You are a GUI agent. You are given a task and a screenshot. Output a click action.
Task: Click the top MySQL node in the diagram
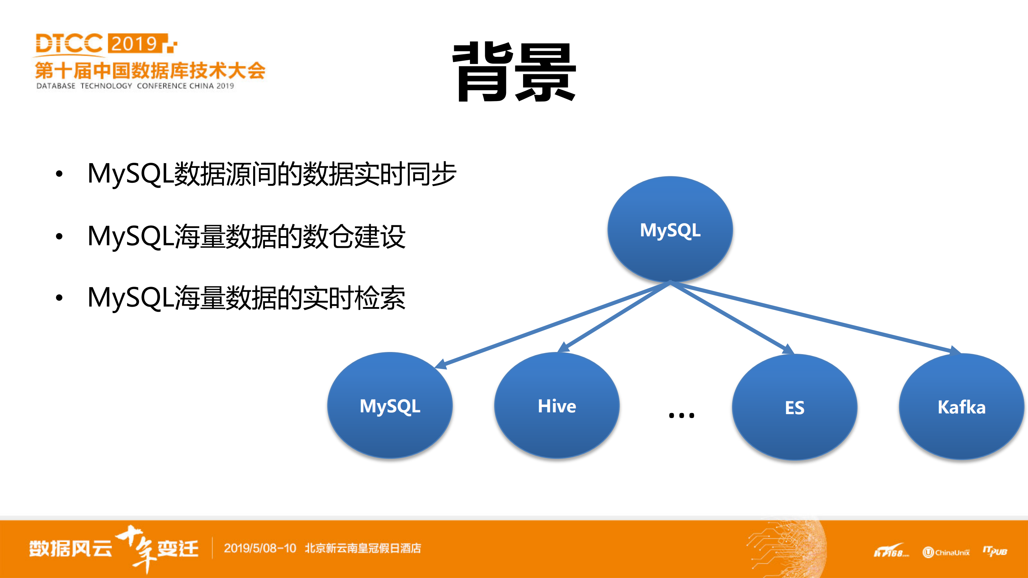pos(670,229)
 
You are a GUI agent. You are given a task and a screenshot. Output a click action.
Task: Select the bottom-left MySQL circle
pos(390,405)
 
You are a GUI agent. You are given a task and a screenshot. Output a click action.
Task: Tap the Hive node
pos(557,405)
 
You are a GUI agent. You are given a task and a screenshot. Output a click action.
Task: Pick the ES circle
pos(794,407)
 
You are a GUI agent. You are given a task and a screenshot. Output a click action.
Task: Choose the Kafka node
pos(961,407)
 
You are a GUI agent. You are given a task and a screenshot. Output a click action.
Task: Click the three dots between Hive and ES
pos(681,415)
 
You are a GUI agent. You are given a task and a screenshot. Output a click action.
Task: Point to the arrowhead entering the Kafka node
pos(955,350)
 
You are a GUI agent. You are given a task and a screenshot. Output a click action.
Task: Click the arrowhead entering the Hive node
pos(563,347)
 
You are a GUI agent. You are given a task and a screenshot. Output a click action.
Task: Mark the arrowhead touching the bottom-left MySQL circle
pos(440,364)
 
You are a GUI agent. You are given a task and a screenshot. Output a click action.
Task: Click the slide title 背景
pos(514,72)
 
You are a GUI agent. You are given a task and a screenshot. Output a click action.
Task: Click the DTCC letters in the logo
pos(69,43)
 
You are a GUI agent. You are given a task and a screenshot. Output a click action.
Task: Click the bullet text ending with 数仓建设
pos(246,236)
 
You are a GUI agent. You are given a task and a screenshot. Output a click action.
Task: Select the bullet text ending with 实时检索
pos(246,298)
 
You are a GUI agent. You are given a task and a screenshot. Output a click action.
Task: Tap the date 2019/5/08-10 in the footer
pos(260,548)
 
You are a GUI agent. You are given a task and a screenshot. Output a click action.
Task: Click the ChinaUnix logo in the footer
pos(946,552)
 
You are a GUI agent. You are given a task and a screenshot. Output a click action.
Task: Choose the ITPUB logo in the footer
pos(994,551)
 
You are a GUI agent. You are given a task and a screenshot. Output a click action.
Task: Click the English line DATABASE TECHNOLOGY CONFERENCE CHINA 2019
pos(135,86)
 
